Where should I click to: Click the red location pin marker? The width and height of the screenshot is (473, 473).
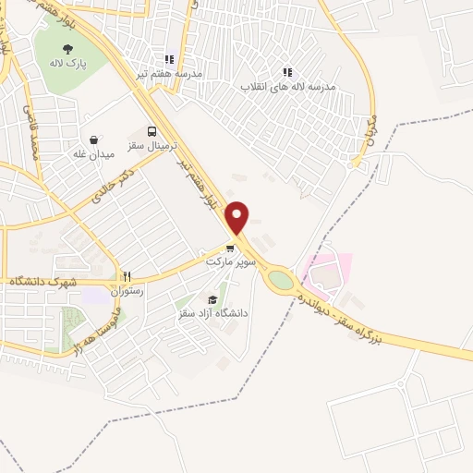point(238,217)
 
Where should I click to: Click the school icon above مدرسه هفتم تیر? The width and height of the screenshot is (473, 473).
point(169,56)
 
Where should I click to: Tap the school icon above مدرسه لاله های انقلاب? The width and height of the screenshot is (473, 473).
point(287,70)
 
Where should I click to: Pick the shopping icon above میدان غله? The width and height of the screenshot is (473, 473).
point(94,140)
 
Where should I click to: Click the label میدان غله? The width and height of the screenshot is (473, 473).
point(94,154)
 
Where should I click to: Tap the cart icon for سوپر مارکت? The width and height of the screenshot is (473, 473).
point(230,248)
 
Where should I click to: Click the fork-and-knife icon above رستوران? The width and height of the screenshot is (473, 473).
point(128,276)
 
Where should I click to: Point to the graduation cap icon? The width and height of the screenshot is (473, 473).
point(213,299)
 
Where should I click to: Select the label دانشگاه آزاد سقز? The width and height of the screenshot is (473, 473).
point(213,314)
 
